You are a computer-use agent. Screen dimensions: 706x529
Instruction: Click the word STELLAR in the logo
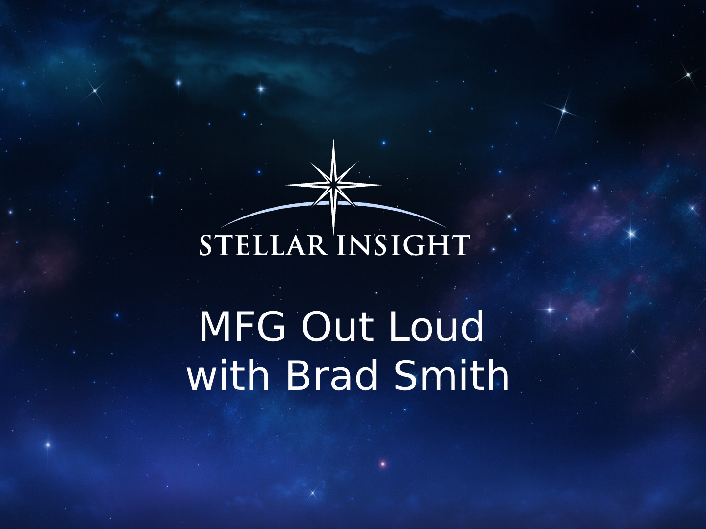[x=263, y=245]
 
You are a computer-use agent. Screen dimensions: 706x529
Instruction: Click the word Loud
[x=436, y=326]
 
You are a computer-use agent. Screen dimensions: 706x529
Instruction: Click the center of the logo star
[x=333, y=186]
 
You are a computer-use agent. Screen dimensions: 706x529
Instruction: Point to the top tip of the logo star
[x=333, y=140]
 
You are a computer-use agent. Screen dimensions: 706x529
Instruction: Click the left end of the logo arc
[x=221, y=227]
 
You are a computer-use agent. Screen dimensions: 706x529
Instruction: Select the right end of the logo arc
[x=446, y=227]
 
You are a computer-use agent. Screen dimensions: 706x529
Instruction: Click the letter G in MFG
[x=271, y=327]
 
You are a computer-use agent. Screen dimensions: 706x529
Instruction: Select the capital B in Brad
[x=298, y=375]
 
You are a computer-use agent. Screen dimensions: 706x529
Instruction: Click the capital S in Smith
[x=405, y=375]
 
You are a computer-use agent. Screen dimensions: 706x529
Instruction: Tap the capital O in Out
[x=315, y=327]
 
